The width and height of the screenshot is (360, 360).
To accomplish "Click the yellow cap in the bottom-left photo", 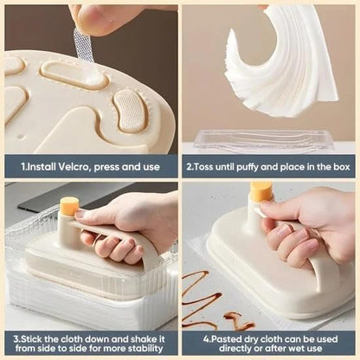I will [69, 206].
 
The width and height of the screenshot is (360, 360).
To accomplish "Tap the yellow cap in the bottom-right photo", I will [260, 192].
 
